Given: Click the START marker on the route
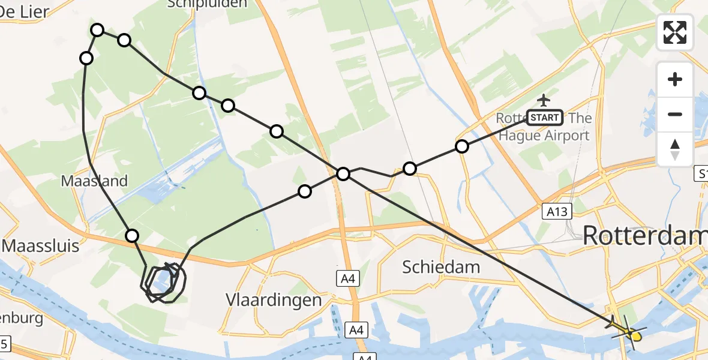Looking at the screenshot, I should [544, 118].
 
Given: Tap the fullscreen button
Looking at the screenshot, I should [675, 32].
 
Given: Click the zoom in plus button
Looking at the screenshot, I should [675, 80].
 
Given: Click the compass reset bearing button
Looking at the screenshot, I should [675, 149].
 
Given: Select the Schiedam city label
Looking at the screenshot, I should [441, 266].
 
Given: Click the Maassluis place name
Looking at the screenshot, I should [41, 246].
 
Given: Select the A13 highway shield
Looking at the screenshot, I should [557, 211].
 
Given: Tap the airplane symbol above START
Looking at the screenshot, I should [544, 100].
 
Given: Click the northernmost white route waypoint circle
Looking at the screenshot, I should [97, 30].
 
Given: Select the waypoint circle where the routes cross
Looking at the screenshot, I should [343, 174].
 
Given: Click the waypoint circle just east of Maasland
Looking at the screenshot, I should [132, 236].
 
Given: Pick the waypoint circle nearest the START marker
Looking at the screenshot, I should [461, 146].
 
